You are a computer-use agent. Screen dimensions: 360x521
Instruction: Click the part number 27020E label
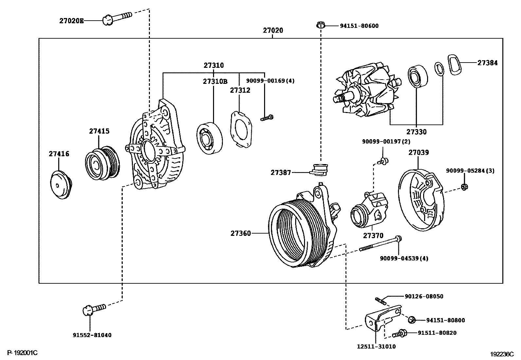tap(71, 21)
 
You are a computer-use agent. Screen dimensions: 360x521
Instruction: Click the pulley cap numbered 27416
tap(60, 186)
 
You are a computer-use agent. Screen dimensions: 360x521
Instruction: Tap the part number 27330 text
tap(417, 132)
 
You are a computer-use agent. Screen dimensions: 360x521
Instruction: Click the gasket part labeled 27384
tap(456, 65)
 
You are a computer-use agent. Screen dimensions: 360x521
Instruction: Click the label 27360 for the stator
tap(241, 233)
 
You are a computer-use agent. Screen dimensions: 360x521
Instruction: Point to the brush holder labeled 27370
tap(368, 211)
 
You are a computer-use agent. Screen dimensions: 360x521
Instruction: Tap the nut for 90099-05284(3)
tap(464, 187)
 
